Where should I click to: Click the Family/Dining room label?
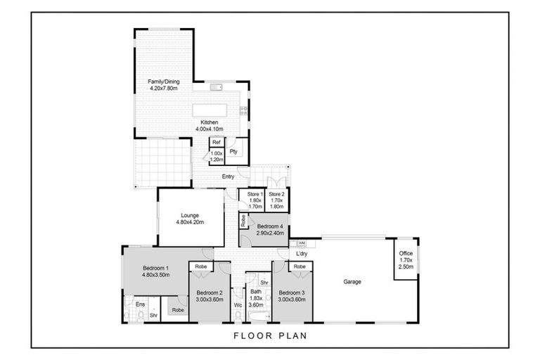pos(164,82)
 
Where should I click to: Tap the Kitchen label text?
pos(209,122)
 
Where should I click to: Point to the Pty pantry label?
pos(233,151)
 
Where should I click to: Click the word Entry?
pos(228,176)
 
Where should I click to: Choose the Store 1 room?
pos(255,200)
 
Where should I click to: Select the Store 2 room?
pos(276,200)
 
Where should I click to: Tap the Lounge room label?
pos(190,215)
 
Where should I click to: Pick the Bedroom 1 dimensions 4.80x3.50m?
pos(157,276)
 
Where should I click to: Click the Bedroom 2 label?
pos(210,292)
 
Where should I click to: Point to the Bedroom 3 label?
pos(290,292)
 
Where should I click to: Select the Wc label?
pos(238,305)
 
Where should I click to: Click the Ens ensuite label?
pos(140,304)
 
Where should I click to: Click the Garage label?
pos(352,282)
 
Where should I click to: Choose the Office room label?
pos(406,253)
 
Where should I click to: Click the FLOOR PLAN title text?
pos(270,335)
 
